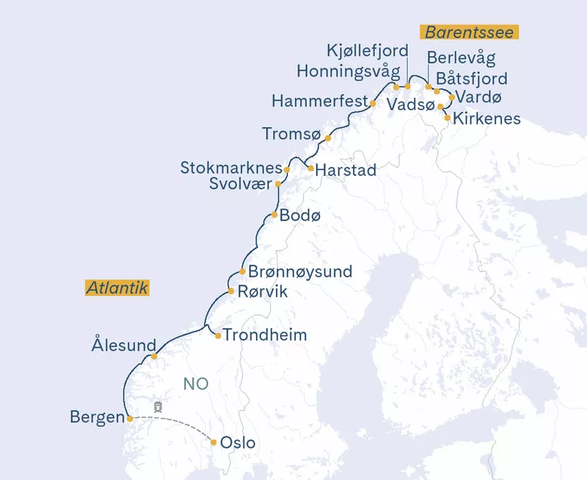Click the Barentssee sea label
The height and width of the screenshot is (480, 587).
tap(470, 32)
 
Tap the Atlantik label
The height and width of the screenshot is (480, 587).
tap(117, 288)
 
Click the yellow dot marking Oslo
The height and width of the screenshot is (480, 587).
tap(213, 441)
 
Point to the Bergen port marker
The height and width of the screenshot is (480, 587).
tap(129, 418)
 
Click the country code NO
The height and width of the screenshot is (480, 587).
tap(195, 384)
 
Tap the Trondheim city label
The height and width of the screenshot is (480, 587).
tap(265, 334)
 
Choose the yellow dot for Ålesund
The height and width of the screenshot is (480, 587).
tap(154, 355)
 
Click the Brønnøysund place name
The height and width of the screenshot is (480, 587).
tap(300, 272)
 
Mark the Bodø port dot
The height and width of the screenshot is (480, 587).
tap(274, 215)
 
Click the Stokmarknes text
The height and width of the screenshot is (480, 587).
tap(232, 169)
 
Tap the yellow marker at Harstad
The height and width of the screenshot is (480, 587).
tap(310, 168)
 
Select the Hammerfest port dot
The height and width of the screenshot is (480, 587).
tap(373, 103)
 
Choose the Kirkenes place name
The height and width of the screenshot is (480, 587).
tap(486, 119)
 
